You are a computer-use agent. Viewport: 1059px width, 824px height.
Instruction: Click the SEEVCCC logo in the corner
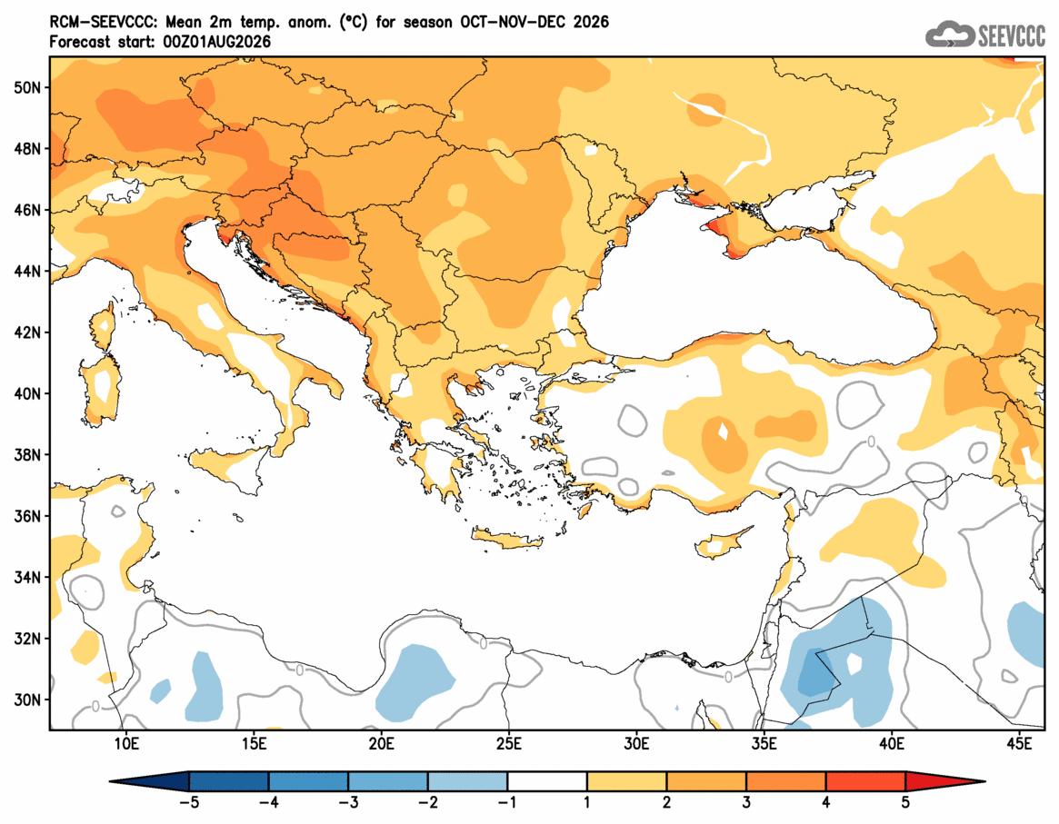[985, 35]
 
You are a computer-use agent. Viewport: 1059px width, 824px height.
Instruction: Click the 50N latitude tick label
[26, 88]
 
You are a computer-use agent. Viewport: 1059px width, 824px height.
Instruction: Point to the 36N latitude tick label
[26, 516]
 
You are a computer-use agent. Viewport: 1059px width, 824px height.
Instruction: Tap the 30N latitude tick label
[26, 700]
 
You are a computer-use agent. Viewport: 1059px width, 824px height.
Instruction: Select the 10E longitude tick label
[126, 744]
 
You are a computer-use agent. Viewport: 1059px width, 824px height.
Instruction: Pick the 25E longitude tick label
[508, 744]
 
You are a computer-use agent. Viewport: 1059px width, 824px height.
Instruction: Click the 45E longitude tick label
[1019, 744]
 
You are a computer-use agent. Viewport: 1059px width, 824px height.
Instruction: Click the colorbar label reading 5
[905, 803]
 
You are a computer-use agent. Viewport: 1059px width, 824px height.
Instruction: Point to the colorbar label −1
[507, 803]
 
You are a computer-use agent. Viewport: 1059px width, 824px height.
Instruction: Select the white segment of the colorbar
[547, 781]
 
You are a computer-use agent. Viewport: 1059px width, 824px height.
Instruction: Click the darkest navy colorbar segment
[229, 781]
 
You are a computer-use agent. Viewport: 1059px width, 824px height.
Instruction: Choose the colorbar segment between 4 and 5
[865, 781]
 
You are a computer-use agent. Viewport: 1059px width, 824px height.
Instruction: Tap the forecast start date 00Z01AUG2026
[216, 42]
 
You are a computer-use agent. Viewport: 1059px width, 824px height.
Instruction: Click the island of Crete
[508, 538]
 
